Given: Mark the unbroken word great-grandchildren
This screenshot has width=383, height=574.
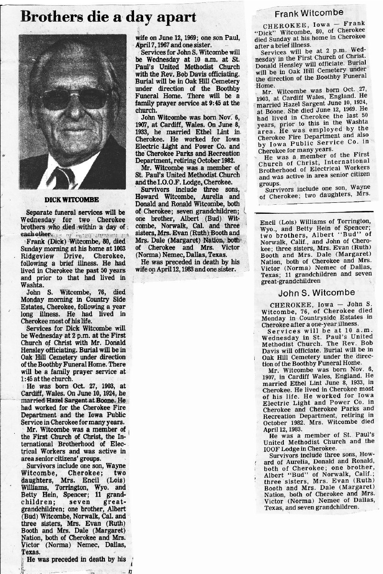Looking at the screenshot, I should (287, 282).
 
